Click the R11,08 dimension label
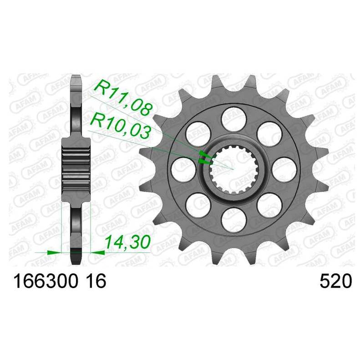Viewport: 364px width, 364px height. tap(123, 97)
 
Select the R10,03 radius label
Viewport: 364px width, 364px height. tap(120, 127)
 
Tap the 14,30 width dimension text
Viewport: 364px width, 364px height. tap(127, 243)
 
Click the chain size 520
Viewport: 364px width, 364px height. tap(336, 281)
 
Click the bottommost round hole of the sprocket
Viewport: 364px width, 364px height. tap(233, 220)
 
